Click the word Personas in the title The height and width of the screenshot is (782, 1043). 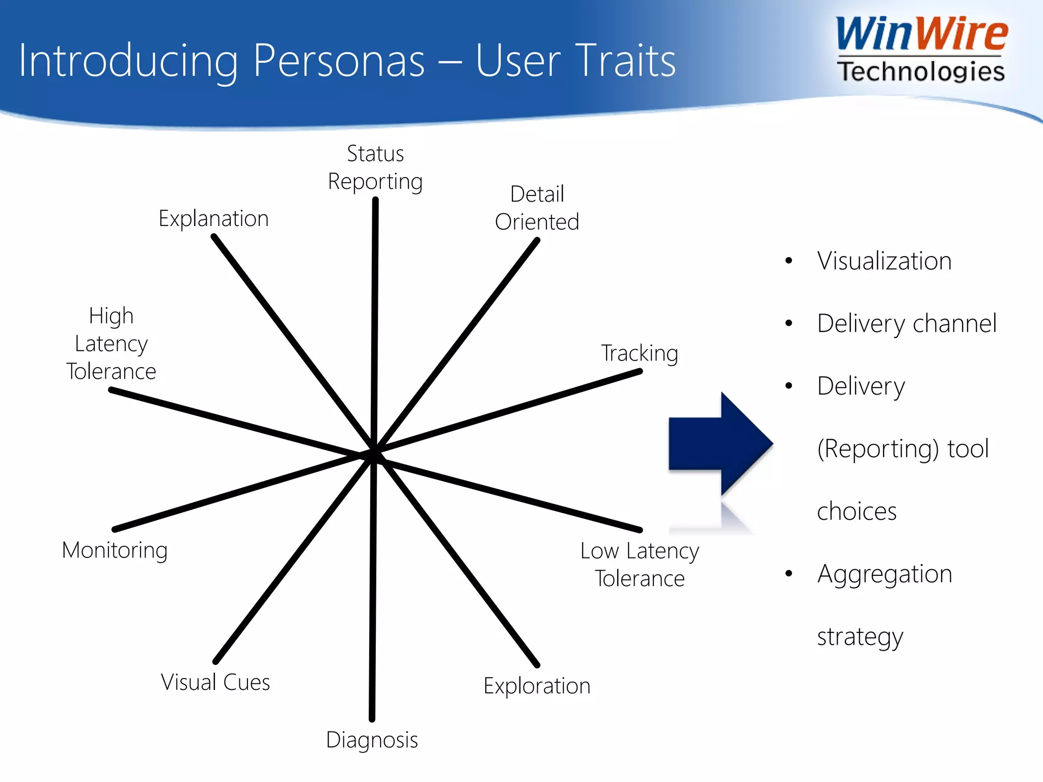coord(339,61)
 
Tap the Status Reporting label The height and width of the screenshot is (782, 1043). coord(375,167)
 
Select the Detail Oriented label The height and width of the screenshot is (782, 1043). coord(537,208)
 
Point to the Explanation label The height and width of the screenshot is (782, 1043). coord(213,219)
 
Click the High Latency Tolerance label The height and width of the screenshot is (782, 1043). coord(111,344)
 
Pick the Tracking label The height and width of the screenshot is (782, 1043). coord(640,353)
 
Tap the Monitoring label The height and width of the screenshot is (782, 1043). coord(115,550)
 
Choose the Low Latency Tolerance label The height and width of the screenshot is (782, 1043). coord(640,565)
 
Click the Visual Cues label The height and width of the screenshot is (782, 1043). coord(215,682)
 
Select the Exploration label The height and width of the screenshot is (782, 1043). coord(537,686)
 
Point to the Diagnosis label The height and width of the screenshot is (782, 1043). coord(372,740)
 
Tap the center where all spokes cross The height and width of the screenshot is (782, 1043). coord(374,455)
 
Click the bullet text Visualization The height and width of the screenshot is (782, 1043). coord(884,261)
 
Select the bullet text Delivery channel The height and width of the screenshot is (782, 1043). coord(907,324)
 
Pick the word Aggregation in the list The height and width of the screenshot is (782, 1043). coord(885,574)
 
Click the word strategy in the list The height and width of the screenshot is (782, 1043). coord(860,637)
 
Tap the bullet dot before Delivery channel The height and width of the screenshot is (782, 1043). coord(789,323)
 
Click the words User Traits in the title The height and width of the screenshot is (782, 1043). coord(575,61)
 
